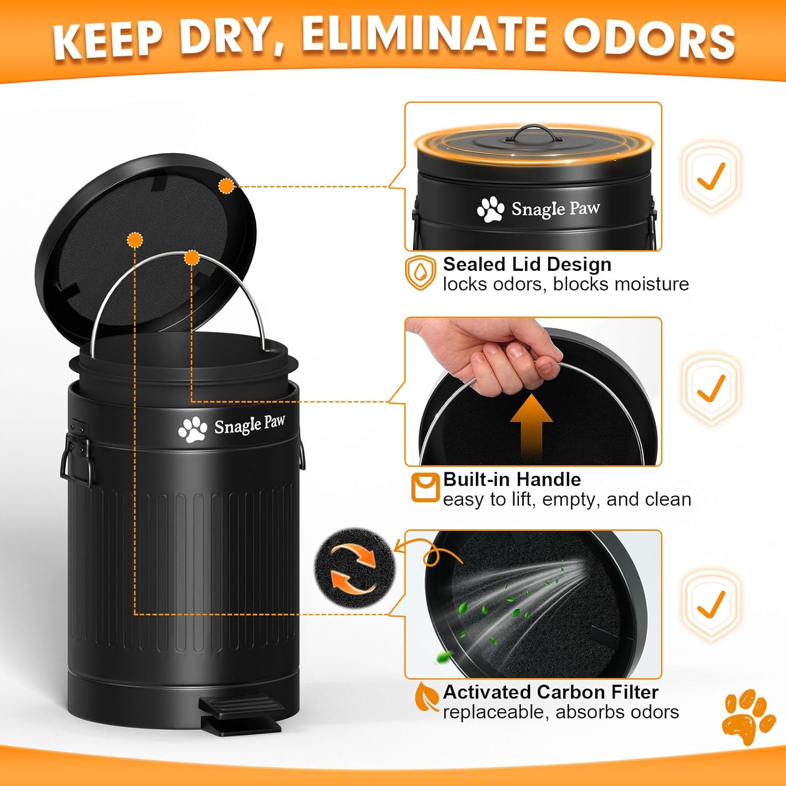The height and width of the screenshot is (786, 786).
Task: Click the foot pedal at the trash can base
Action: [x=241, y=714]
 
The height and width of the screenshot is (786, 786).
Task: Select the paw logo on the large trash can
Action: [x=192, y=430]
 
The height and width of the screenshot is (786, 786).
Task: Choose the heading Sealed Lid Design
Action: [x=527, y=264]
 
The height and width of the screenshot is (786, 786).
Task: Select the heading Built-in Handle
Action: [x=511, y=479]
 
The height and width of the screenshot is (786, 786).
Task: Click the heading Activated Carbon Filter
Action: [x=550, y=692]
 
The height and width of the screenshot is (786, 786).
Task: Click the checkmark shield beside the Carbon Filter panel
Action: [x=711, y=604]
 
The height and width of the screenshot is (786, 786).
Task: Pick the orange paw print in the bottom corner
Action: [x=748, y=715]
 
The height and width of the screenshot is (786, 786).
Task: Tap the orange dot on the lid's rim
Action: [x=226, y=185]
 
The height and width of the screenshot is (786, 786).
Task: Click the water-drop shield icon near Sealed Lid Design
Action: [x=420, y=272]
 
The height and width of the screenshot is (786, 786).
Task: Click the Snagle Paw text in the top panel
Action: [x=555, y=209]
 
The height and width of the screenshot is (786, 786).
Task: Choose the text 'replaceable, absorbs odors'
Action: [x=560, y=712]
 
